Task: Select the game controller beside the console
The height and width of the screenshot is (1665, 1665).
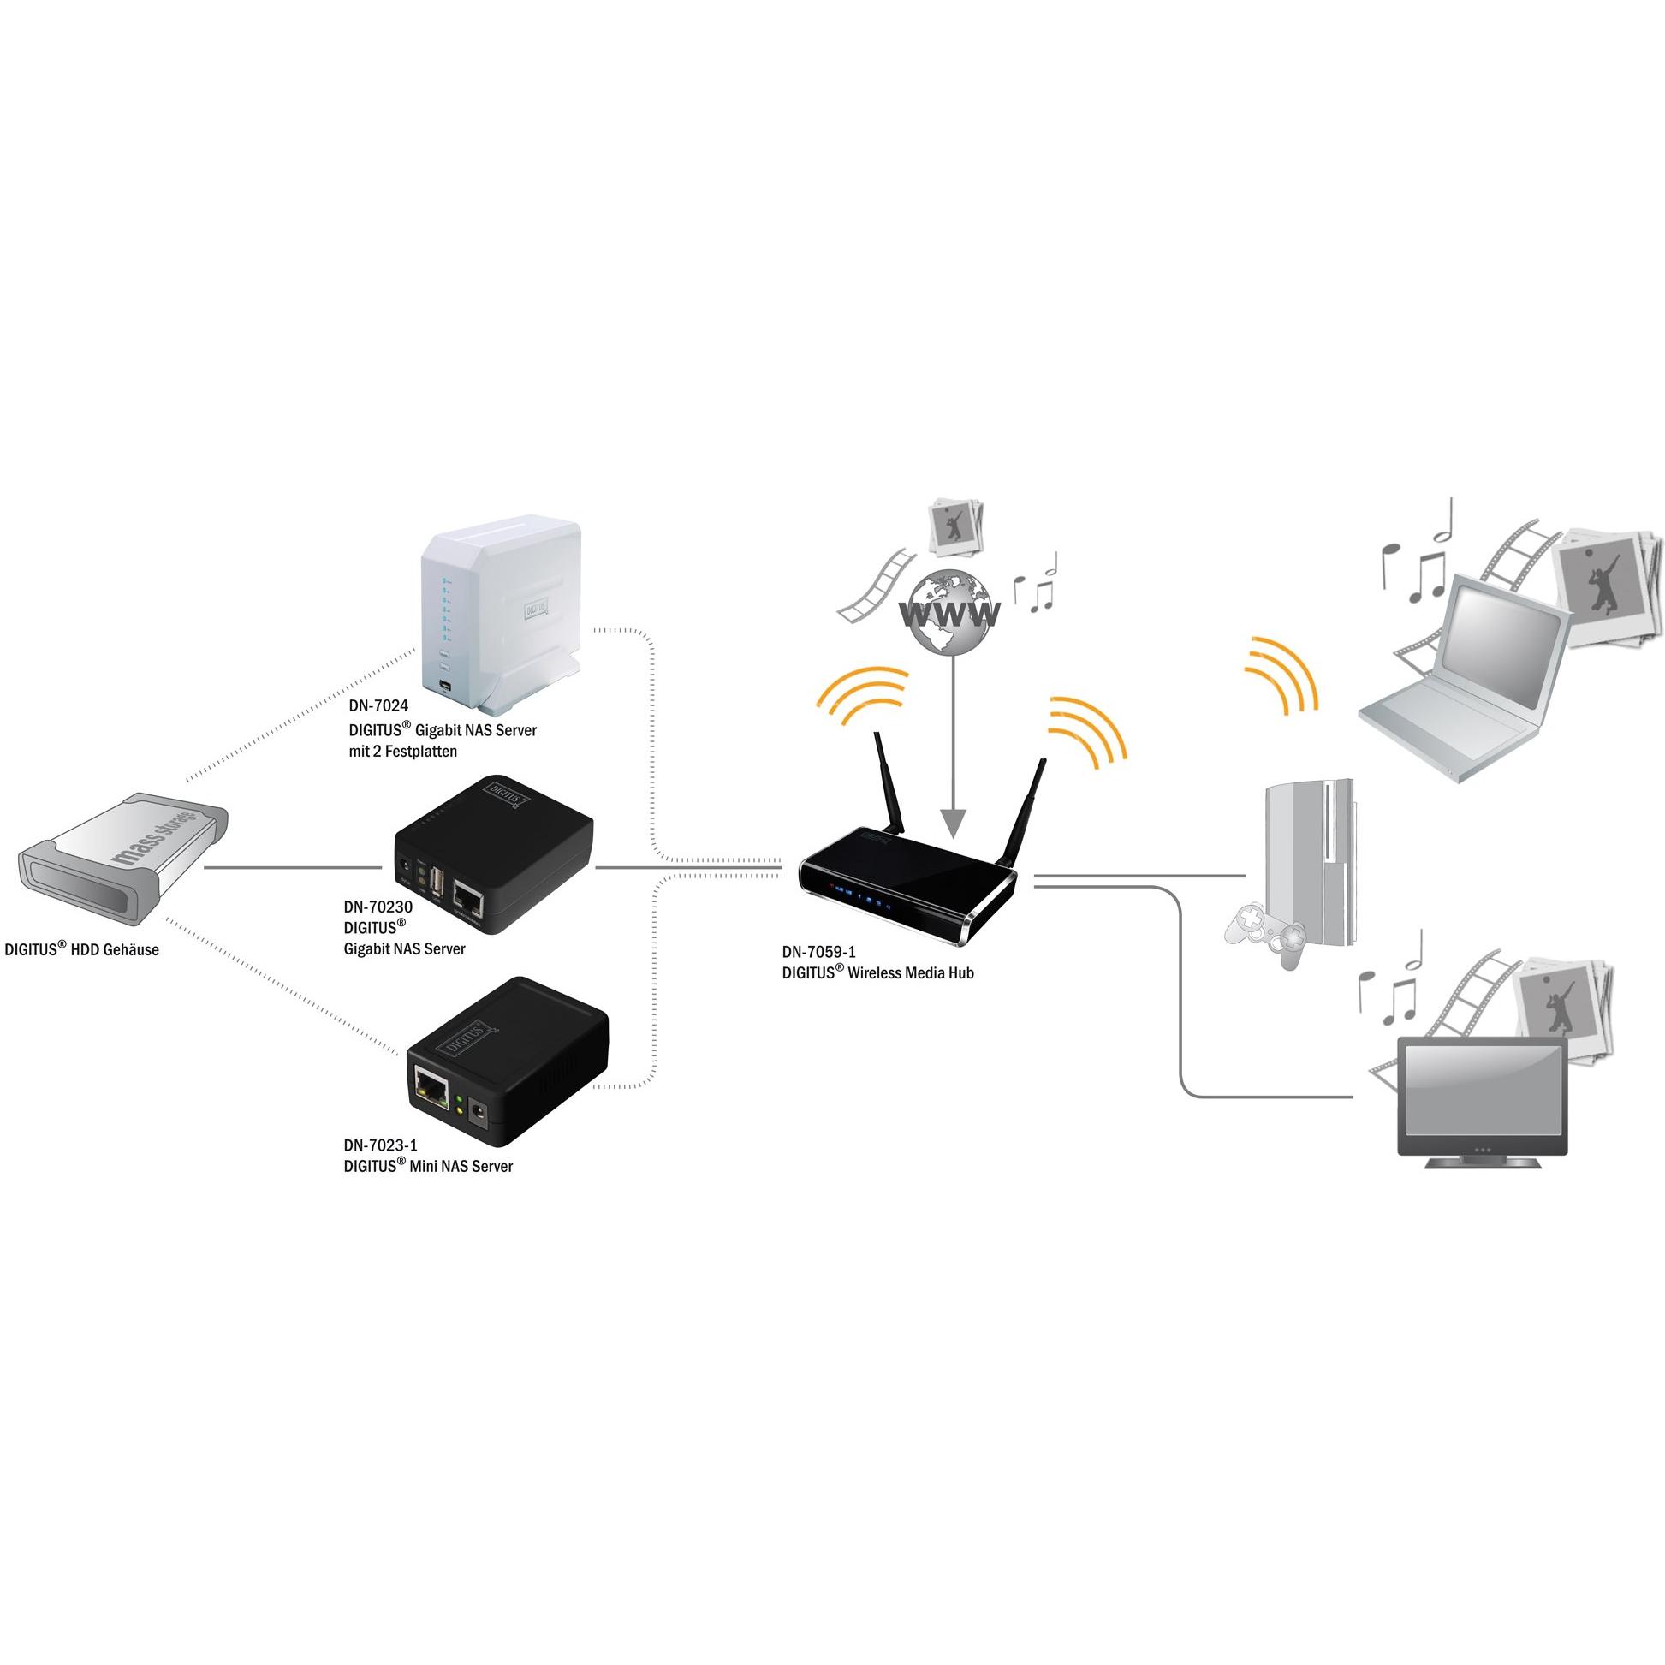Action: coord(1265,934)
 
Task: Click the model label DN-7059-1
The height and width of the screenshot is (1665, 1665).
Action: coord(818,952)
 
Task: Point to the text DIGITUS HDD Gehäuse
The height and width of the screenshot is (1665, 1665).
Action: coord(82,948)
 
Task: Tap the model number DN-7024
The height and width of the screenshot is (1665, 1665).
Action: coord(378,706)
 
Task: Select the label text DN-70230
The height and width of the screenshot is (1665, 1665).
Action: coord(378,907)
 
